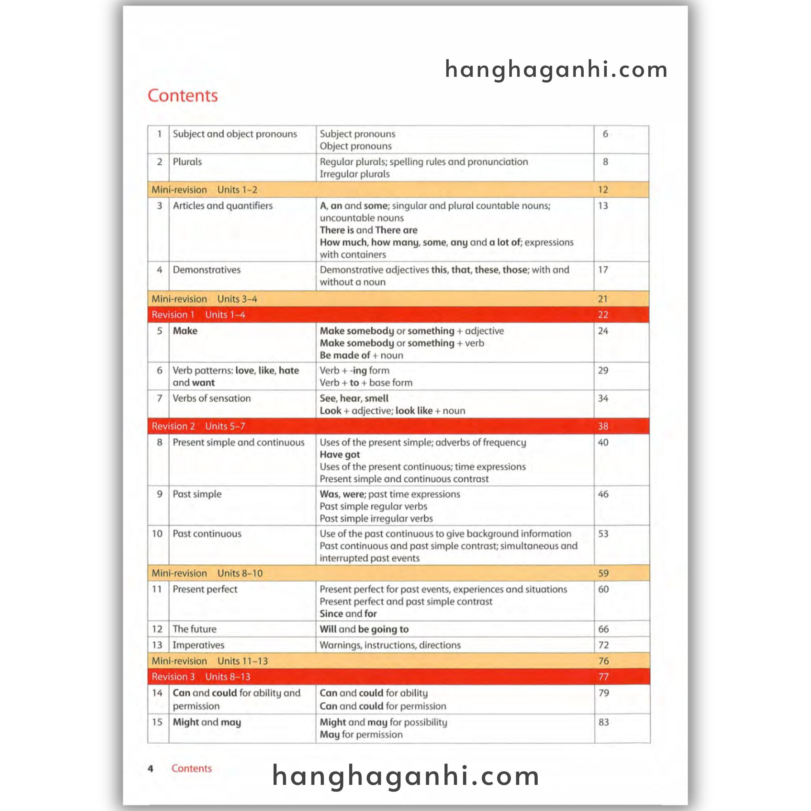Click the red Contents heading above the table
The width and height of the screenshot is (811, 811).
(x=183, y=96)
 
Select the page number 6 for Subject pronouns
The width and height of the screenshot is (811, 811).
(x=605, y=134)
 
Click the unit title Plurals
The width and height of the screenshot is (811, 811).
(x=187, y=162)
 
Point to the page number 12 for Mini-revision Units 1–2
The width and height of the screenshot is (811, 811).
(x=603, y=190)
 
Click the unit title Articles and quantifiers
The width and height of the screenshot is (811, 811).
(x=223, y=206)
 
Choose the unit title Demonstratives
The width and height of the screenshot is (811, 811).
(x=207, y=270)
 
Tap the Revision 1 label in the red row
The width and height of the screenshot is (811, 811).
(x=173, y=315)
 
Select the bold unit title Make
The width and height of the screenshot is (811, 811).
(x=185, y=331)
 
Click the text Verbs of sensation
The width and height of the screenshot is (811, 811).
(x=211, y=398)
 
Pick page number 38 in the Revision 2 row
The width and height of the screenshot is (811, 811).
(x=603, y=426)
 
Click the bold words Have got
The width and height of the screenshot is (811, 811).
(x=340, y=455)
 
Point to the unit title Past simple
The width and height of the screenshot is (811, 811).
(x=197, y=494)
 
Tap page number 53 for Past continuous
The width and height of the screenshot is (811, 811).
(x=603, y=534)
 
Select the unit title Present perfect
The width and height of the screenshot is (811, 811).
(x=205, y=589)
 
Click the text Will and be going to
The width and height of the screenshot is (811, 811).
(x=364, y=629)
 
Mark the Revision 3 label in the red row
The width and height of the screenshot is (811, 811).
(x=173, y=677)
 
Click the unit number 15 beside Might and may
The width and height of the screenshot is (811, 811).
(x=157, y=722)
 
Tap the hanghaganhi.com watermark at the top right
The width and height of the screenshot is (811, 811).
(x=556, y=69)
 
